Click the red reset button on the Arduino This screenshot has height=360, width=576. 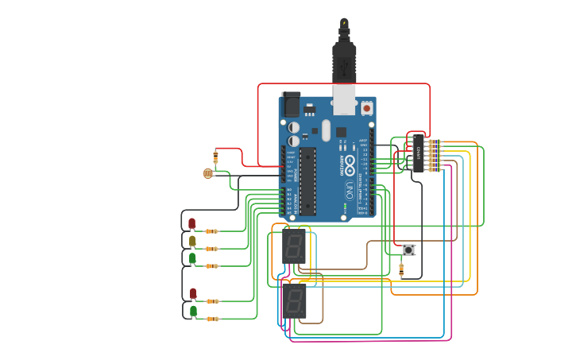click(366, 107)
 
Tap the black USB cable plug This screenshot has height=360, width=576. click(344, 60)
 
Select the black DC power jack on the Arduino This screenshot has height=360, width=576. click(292, 104)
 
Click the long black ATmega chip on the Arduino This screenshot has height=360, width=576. click(307, 181)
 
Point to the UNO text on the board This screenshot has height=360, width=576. click(349, 191)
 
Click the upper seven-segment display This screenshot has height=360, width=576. click(294, 246)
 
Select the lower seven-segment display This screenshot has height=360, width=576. click(294, 301)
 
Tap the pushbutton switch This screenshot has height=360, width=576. click(408, 250)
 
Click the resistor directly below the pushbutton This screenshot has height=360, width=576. click(400, 270)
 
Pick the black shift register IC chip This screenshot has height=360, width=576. click(418, 153)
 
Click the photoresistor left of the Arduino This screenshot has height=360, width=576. click(207, 173)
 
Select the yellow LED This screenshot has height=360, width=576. click(192, 241)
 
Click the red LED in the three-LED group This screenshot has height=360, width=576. click(191, 223)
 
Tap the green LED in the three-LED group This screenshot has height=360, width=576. click(192, 258)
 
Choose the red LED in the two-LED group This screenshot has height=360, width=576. click(192, 293)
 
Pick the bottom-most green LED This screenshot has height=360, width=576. click(193, 311)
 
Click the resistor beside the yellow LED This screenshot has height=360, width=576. click(211, 249)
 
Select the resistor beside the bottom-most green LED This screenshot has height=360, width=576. click(212, 319)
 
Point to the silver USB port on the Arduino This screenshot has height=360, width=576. click(344, 99)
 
